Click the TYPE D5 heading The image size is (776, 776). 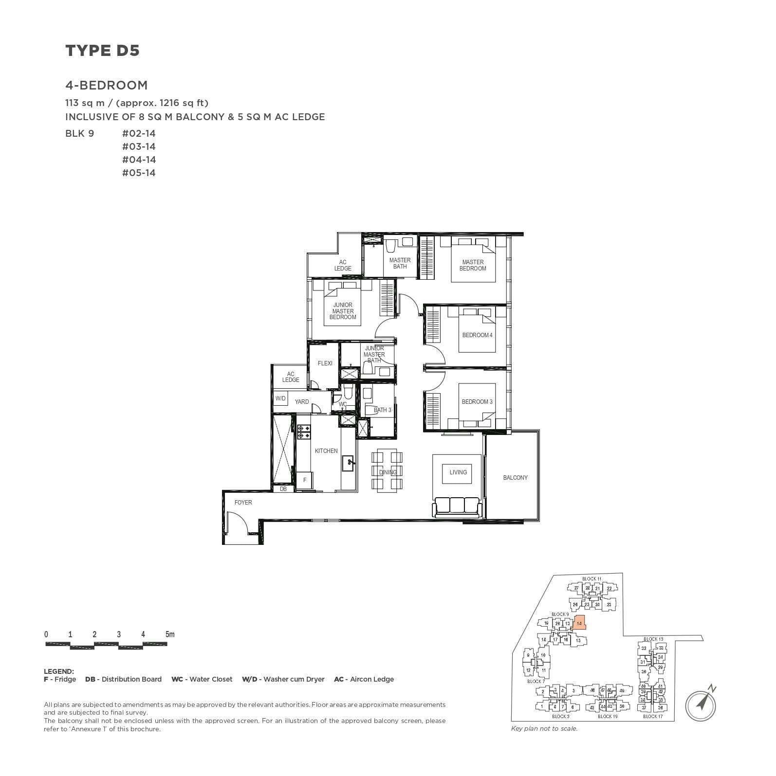(102, 51)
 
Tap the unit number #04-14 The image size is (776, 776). (139, 160)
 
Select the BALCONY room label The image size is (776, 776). (515, 478)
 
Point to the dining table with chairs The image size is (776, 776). (388, 471)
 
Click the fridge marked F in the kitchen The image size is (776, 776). (305, 480)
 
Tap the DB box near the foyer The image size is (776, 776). (283, 489)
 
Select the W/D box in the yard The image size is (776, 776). (280, 398)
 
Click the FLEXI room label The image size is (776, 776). (325, 363)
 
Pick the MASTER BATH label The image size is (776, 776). (400, 263)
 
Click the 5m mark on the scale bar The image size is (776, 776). (169, 634)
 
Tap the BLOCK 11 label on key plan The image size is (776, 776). (591, 578)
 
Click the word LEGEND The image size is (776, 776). (59, 671)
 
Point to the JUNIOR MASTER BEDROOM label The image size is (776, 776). (343, 311)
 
